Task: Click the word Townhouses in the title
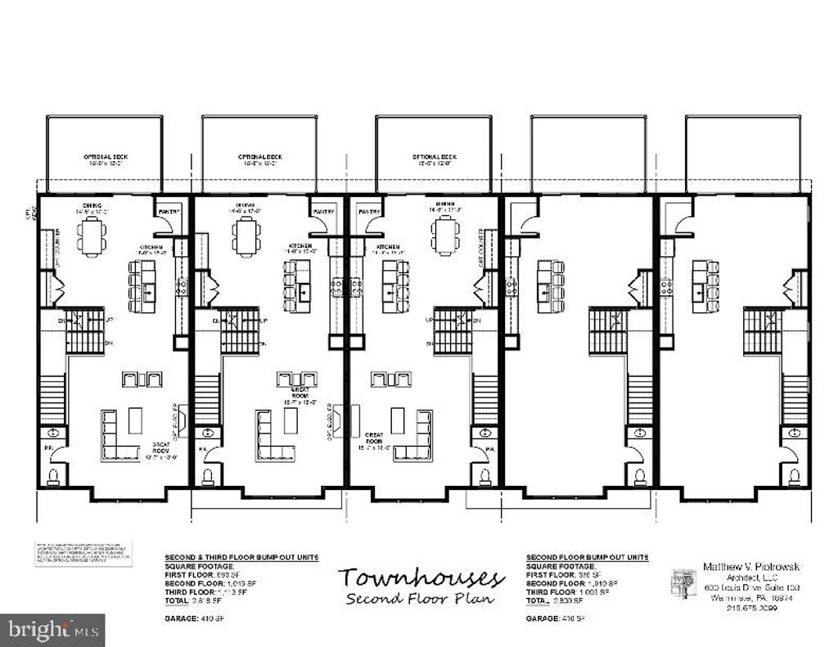tap(421, 577)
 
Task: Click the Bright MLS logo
tap(52, 630)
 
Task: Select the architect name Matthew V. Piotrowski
tap(740, 566)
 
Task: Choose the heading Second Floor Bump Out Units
tap(587, 557)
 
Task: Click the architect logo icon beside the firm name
tap(684, 583)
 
